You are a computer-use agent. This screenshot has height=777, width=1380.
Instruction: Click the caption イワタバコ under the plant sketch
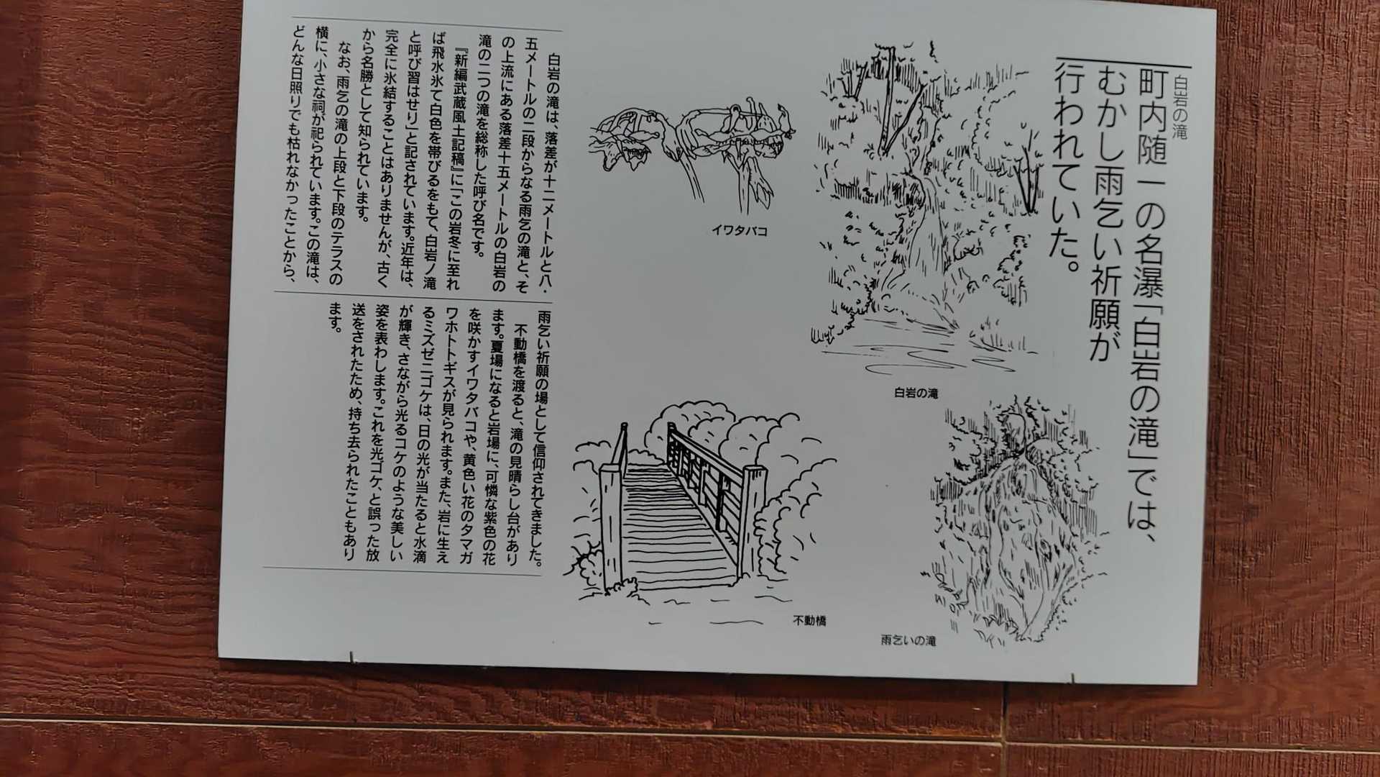pyautogui.click(x=739, y=232)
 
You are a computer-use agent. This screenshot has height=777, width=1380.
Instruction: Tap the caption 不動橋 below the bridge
pyautogui.click(x=809, y=619)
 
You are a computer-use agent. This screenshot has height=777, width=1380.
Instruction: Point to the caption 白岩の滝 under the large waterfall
pyautogui.click(x=916, y=394)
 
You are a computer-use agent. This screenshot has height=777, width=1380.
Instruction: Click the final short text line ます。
pyautogui.click(x=333, y=317)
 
